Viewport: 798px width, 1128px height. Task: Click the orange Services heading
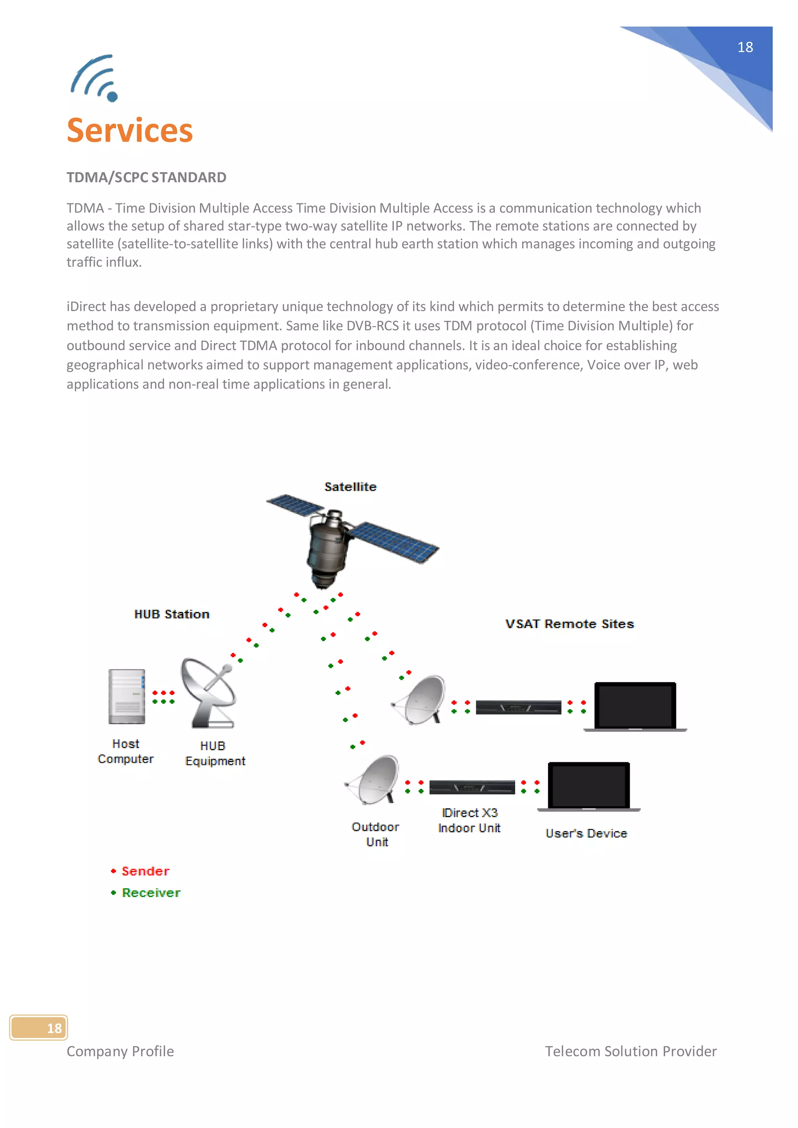[x=130, y=131]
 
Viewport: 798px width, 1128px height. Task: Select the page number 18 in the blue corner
[x=745, y=47]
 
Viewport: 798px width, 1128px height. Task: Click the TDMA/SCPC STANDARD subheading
[x=147, y=177]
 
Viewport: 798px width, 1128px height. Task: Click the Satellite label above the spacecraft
[x=350, y=487]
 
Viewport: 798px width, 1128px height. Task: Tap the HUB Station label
[x=172, y=614]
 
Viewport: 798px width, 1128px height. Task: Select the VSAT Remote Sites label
[x=570, y=624]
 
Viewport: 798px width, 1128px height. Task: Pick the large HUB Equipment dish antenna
[x=209, y=693]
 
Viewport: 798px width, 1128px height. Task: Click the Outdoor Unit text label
[x=376, y=834]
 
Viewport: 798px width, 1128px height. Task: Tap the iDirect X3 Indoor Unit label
[x=469, y=820]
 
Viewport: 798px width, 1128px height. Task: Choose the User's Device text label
[x=586, y=833]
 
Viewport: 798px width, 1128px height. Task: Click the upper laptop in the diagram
[x=635, y=706]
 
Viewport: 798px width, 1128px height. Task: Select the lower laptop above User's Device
[x=589, y=786]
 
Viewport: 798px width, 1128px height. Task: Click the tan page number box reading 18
[x=39, y=1028]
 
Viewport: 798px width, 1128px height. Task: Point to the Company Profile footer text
[x=120, y=1051]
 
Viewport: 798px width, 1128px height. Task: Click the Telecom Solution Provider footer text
[x=630, y=1051]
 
